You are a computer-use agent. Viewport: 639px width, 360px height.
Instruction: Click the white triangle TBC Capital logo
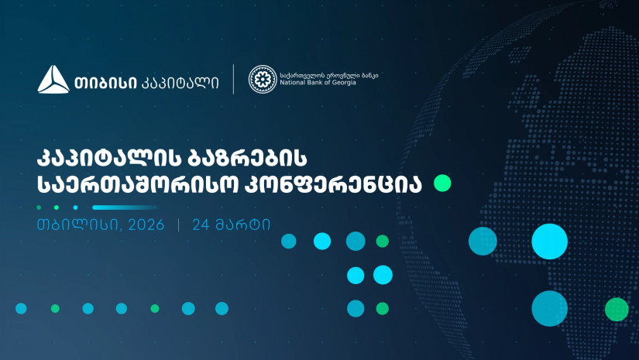point(53,80)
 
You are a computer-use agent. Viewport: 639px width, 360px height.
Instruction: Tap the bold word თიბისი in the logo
point(105,83)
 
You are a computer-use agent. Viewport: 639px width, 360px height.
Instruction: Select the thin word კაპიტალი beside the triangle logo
point(180,83)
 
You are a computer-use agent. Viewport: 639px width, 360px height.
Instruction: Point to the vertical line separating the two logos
point(233,79)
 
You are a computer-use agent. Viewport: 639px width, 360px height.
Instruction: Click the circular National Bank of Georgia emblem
point(263,79)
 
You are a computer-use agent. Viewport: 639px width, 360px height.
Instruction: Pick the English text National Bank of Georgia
point(318,83)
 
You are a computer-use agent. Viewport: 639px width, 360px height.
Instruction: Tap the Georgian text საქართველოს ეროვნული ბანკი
point(329,75)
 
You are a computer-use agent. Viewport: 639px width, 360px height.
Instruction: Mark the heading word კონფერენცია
point(333,185)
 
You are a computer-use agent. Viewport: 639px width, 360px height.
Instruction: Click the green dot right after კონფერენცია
point(442,183)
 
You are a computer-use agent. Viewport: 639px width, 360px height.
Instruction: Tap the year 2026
point(146,225)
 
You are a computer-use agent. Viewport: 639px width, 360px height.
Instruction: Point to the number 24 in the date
point(201,225)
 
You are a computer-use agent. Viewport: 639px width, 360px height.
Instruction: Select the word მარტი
point(243,225)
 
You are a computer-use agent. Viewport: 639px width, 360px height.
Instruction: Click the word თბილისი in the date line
point(80,225)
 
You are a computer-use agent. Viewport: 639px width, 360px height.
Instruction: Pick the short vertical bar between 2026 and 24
point(178,225)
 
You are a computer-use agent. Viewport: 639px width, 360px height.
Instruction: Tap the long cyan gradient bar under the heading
point(125,207)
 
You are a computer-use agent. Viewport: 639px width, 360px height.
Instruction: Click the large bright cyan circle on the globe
point(549,242)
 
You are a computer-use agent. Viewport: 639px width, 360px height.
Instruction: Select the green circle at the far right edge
point(617,310)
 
